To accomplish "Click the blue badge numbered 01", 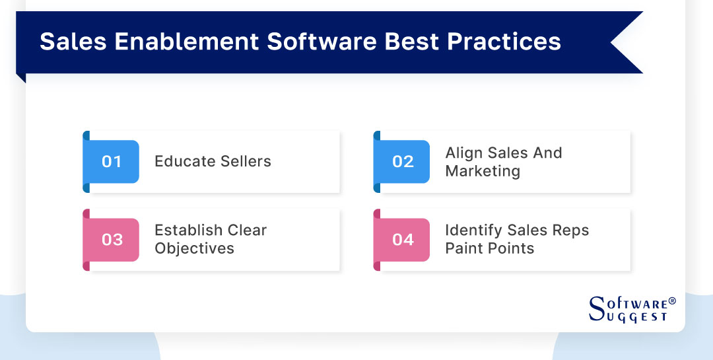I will pos(112,162).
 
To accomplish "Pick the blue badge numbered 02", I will pos(403,162).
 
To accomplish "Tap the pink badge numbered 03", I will pos(112,239).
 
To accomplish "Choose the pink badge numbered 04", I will pos(403,239).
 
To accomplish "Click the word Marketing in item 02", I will pos(483,171).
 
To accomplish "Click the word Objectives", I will pos(194,248).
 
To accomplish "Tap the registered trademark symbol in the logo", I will pos(672,301).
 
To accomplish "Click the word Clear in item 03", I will pos(247,230).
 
